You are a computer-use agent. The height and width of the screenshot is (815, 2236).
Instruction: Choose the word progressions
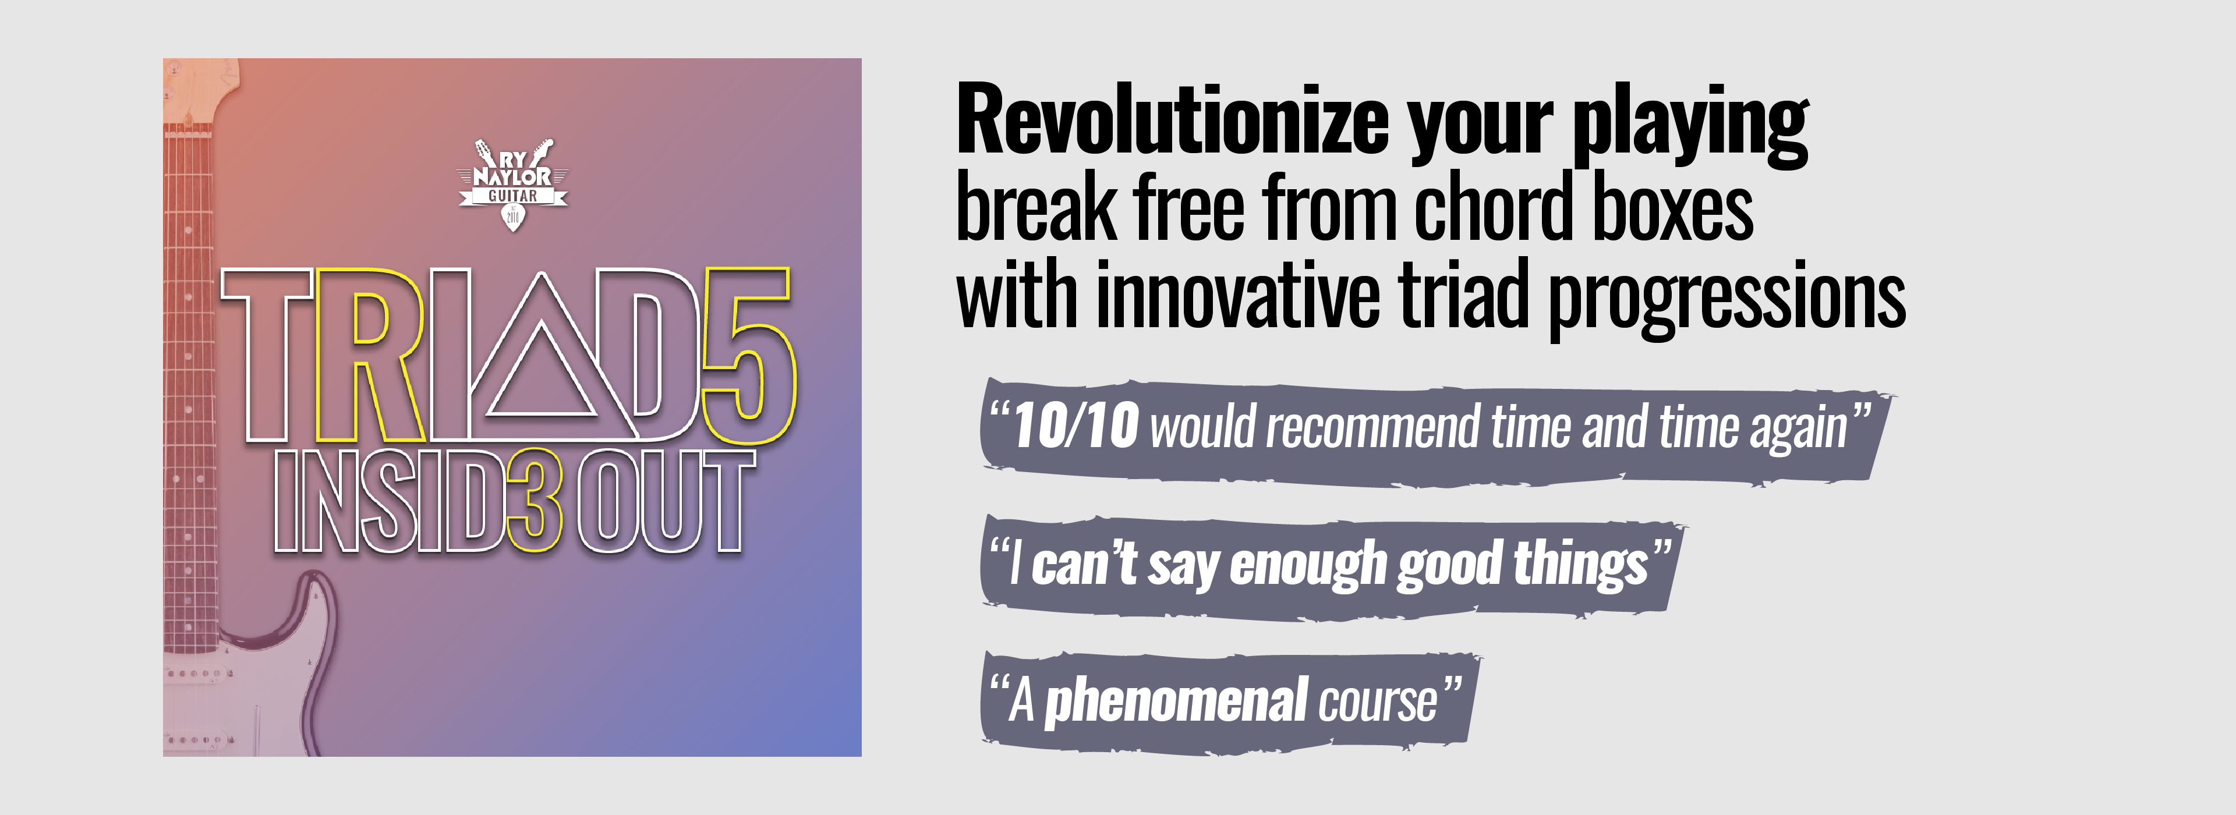click(1727, 299)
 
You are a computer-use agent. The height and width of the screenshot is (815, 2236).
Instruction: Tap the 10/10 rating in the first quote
click(1075, 426)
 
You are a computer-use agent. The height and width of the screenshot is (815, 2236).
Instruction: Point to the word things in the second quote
click(1581, 564)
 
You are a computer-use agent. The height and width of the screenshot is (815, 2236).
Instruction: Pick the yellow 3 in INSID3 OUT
click(534, 501)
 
